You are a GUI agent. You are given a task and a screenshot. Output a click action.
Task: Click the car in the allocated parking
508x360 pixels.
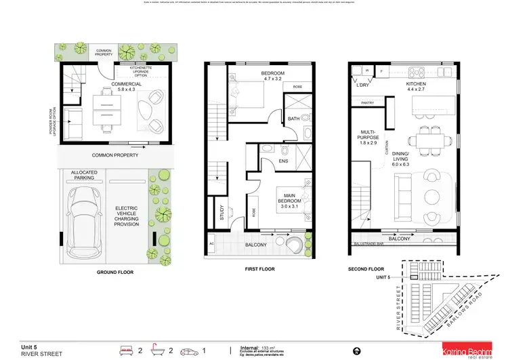point(87,216)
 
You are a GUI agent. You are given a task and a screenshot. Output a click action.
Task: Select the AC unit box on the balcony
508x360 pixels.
point(211,243)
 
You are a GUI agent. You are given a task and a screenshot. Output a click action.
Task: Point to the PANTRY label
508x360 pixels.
point(368,103)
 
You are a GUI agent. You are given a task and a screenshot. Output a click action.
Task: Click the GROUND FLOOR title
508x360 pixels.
point(114,272)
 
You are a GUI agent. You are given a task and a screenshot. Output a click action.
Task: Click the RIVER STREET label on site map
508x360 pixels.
point(398,302)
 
